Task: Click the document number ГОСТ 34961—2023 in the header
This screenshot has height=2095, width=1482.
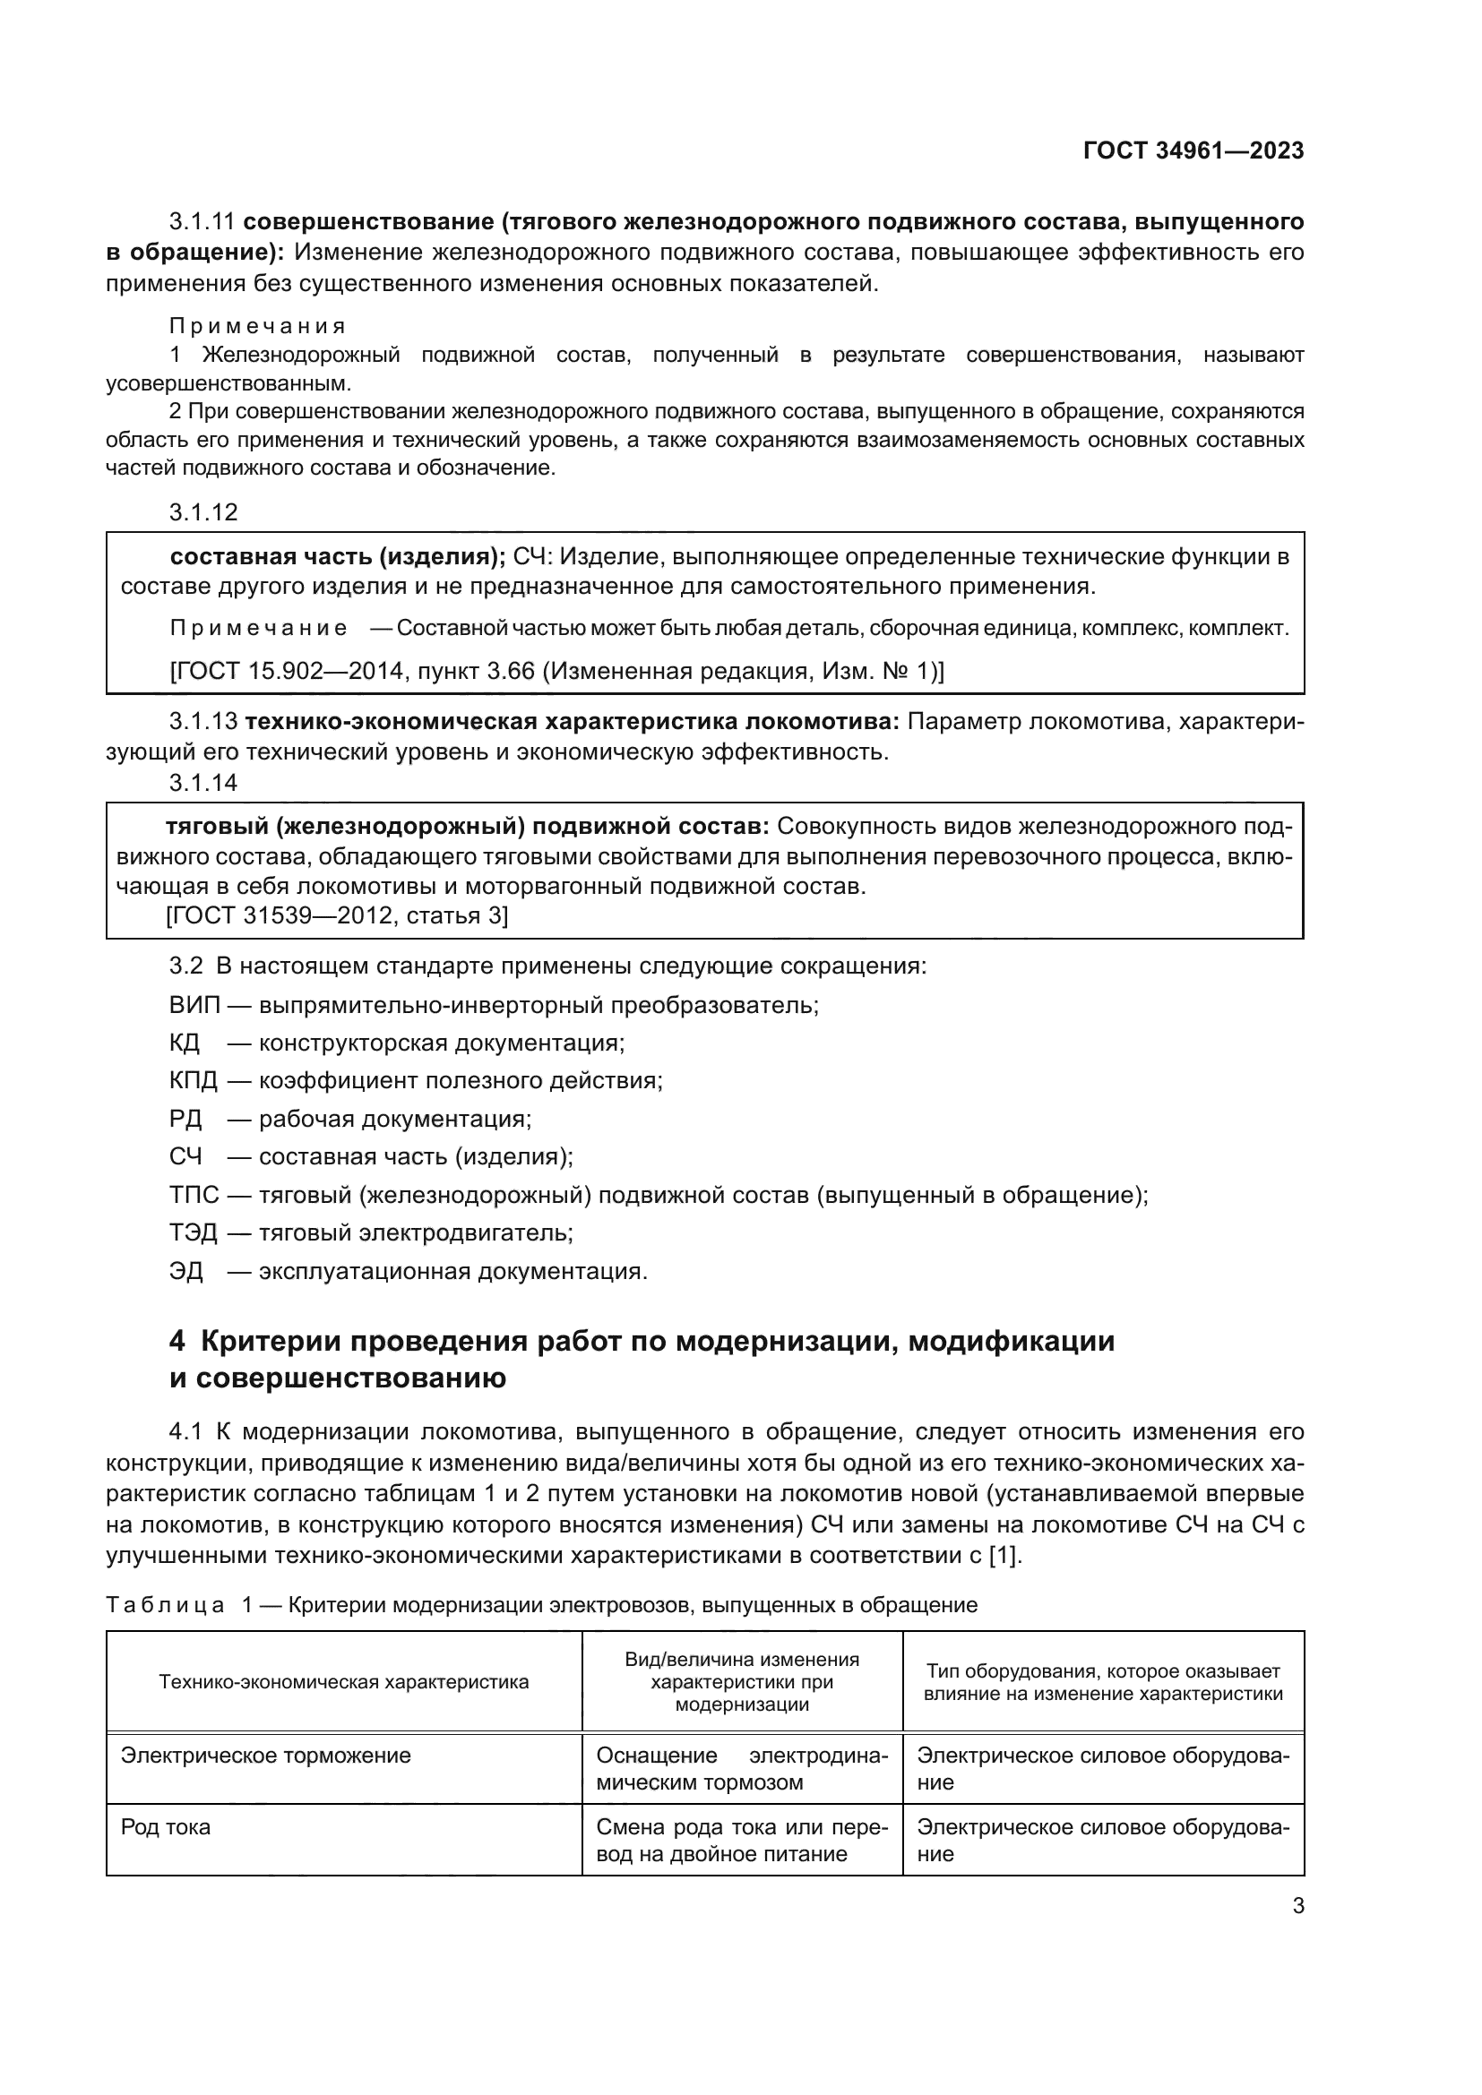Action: (1193, 151)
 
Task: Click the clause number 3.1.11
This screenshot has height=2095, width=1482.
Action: (202, 222)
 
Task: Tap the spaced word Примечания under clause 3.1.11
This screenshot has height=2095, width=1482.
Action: (257, 326)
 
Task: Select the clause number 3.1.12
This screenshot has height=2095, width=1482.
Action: (202, 512)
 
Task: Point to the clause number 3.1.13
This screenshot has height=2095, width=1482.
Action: (202, 722)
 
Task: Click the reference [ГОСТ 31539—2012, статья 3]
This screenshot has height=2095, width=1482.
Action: (337, 915)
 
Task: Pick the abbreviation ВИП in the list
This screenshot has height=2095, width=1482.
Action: (194, 1006)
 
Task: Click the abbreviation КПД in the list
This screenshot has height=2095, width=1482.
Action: (194, 1081)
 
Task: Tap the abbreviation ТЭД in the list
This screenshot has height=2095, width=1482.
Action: (194, 1232)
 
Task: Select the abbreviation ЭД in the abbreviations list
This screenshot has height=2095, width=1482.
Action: (186, 1271)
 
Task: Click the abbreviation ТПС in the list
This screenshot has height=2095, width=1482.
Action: (194, 1195)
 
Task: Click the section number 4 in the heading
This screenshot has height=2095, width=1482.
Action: (177, 1342)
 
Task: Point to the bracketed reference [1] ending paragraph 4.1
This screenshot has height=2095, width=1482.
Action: (1004, 1555)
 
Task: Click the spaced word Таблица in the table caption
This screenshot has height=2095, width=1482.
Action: (165, 1605)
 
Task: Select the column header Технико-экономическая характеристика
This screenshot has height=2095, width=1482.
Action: (344, 1682)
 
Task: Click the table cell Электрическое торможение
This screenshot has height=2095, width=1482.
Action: (265, 1756)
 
